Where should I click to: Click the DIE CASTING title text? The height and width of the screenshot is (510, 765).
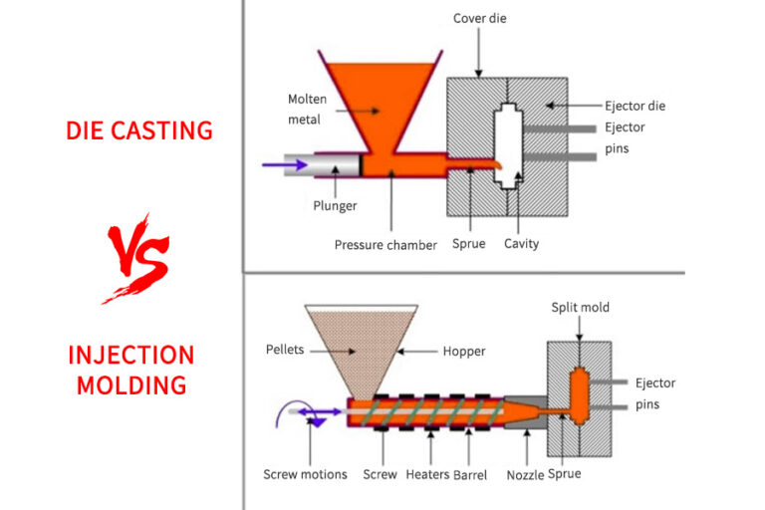click(x=139, y=129)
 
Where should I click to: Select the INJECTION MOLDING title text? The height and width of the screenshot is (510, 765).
click(x=131, y=370)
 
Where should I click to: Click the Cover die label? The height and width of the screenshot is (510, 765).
click(x=480, y=19)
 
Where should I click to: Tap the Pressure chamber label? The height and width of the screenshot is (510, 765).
click(x=385, y=244)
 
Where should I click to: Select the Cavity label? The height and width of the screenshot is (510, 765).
click(x=521, y=244)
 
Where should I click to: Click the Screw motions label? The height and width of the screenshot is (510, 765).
click(x=305, y=474)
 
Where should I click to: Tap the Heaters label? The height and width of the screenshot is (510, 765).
click(x=427, y=474)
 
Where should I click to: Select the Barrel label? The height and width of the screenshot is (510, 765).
click(x=471, y=474)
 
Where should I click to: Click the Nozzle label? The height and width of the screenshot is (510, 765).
click(x=526, y=475)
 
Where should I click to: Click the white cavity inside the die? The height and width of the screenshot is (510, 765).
click(x=508, y=146)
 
